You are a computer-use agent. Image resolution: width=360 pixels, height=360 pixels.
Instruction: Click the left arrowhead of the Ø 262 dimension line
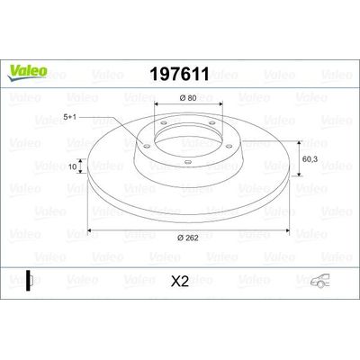(x=89, y=227)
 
